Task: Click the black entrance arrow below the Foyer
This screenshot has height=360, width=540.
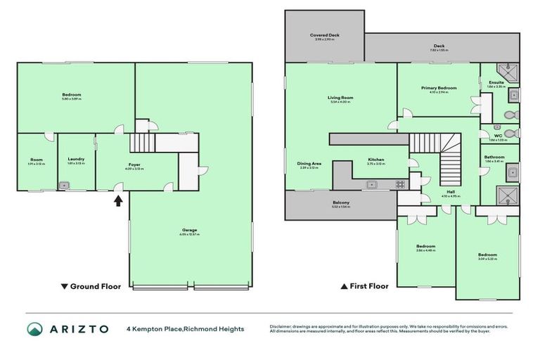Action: pyautogui.click(x=118, y=200)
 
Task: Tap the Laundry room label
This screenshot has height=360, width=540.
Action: pyautogui.click(x=76, y=159)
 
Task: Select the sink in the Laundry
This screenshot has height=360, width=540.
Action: pyautogui.click(x=65, y=186)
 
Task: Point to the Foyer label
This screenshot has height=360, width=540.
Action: pyautogui.click(x=134, y=146)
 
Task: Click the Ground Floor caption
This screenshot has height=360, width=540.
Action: pyautogui.click(x=91, y=286)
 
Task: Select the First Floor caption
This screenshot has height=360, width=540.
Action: pyautogui.click(x=364, y=286)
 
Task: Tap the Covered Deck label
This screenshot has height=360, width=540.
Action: pyautogui.click(x=325, y=34)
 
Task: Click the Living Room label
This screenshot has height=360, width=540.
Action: pyautogui.click(x=340, y=98)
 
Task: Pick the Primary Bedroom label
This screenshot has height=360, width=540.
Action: pyautogui.click(x=439, y=88)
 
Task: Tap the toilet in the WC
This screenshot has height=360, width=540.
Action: pyautogui.click(x=511, y=131)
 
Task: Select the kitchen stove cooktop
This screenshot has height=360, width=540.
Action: pyautogui.click(x=399, y=184)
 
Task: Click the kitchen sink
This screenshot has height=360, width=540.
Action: pyautogui.click(x=373, y=184)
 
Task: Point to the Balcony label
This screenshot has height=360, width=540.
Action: pyautogui.click(x=340, y=204)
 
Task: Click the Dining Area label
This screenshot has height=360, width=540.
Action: pyautogui.click(x=308, y=164)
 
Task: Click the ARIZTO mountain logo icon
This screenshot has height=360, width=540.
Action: pyautogui.click(x=34, y=328)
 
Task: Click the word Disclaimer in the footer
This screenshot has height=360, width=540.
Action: pyautogui.click(x=284, y=326)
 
